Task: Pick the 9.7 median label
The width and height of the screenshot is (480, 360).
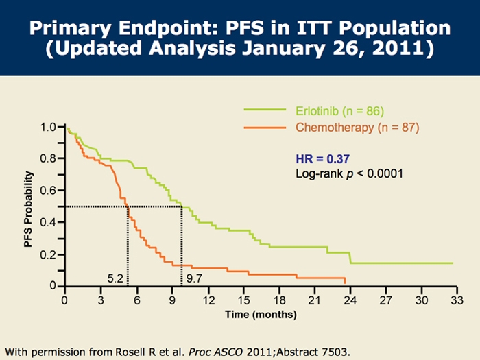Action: click(x=194, y=279)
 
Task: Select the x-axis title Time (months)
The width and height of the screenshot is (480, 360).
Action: click(x=261, y=315)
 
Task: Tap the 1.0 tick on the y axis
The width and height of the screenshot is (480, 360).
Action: click(x=47, y=128)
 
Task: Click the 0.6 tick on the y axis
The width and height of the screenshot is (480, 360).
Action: click(x=47, y=191)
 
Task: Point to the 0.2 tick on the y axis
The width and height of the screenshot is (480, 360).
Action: click(x=47, y=254)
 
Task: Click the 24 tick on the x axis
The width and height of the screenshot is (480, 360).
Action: click(x=350, y=300)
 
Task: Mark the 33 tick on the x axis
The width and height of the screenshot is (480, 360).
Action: click(x=457, y=300)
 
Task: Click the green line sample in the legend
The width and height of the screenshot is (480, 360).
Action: click(x=265, y=110)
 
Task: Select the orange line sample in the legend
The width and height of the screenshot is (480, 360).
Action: click(x=265, y=128)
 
